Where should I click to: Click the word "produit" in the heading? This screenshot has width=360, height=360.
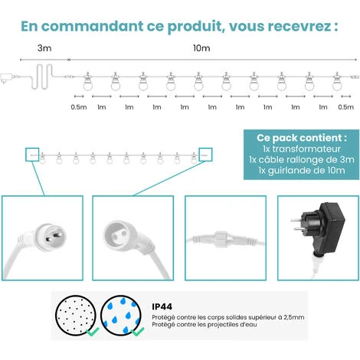point(196,26)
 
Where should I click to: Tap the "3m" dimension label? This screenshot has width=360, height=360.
point(44,48)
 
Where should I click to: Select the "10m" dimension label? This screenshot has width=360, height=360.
point(201,48)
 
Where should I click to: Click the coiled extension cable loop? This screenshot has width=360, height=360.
point(42,77)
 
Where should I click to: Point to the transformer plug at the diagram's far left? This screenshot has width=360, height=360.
point(6,78)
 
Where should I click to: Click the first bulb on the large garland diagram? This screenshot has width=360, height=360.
point(88,81)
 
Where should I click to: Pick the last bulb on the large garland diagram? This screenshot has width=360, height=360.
point(337,81)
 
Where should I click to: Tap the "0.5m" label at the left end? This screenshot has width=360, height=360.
point(79,107)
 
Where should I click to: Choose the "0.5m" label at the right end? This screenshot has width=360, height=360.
point(346,107)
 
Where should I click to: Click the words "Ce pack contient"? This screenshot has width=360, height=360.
point(299,138)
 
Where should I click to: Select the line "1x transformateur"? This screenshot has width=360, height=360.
point(302,149)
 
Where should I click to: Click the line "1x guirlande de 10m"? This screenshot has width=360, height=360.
point(302,170)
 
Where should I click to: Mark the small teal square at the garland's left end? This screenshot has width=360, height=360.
point(32,148)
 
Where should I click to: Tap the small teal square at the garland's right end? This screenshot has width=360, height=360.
point(205,148)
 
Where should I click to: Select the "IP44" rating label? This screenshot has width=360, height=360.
point(162,306)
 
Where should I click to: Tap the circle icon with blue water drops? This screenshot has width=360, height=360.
point(121,316)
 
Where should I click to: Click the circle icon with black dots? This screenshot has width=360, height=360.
point(76,316)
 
